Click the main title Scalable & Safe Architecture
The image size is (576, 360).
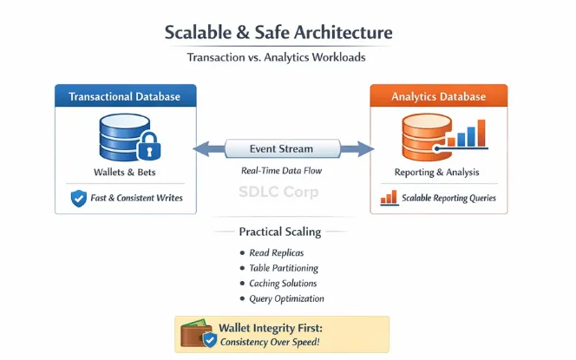[x=278, y=33]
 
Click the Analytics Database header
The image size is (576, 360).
[x=439, y=96]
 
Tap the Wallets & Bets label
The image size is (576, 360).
[x=125, y=171]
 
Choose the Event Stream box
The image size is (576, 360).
[x=281, y=148]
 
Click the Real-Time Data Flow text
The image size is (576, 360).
[x=281, y=171]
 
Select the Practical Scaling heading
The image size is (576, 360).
[x=280, y=232]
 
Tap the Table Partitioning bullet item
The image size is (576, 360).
[x=283, y=268]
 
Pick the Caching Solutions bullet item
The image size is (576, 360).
[x=283, y=284]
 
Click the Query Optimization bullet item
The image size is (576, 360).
[x=286, y=299]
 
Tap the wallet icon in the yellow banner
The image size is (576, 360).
[x=195, y=334]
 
